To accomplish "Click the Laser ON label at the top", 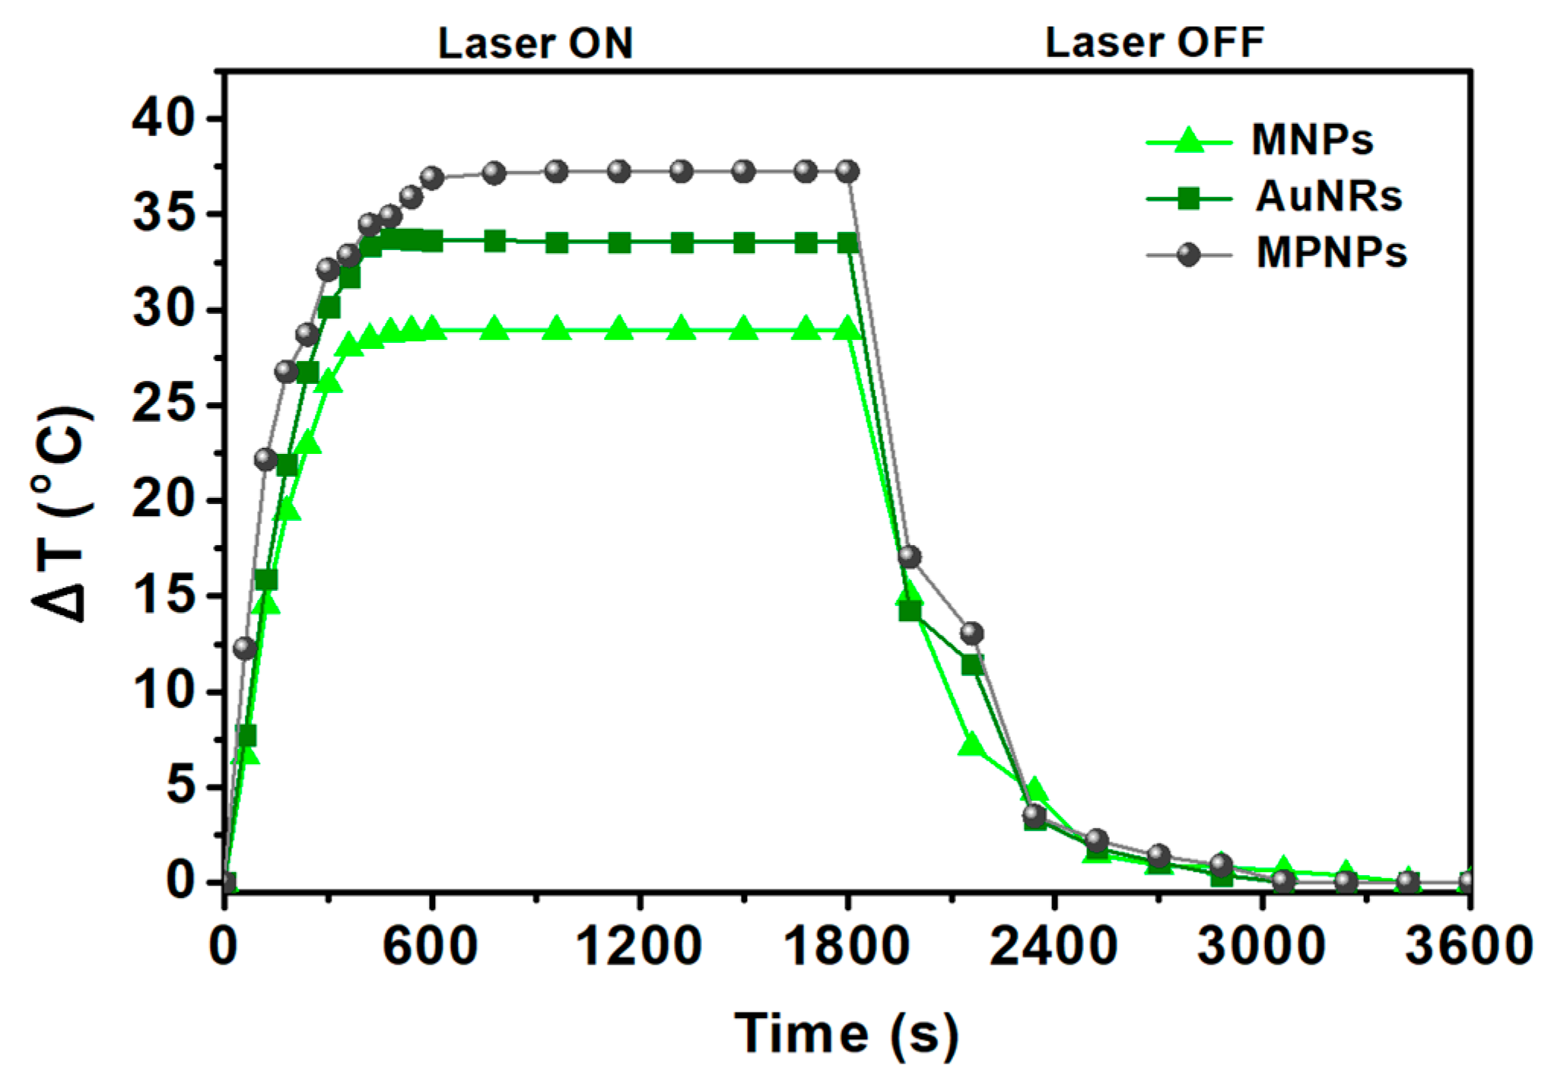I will point(535,43).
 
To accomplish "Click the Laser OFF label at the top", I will point(1154,43).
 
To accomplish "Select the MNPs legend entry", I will point(1311,140).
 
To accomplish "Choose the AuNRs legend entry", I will point(1327,197).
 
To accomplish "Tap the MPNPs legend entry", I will point(1330,253).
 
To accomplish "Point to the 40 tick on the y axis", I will point(164,119).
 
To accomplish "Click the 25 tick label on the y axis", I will point(164,405).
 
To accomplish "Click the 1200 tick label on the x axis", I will point(639,947).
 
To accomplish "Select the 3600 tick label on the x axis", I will point(1467,947).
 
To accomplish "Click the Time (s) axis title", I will point(847,1035).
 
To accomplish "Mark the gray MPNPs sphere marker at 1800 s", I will point(847,172).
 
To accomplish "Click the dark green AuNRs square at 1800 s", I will point(847,243).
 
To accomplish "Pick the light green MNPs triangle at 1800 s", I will point(847,330).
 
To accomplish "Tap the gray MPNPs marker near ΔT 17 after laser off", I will point(910,557).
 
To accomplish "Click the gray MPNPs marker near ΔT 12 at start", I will point(245,648).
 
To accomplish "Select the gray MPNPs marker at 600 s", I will point(432,179).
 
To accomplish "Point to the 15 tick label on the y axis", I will point(164,595).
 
